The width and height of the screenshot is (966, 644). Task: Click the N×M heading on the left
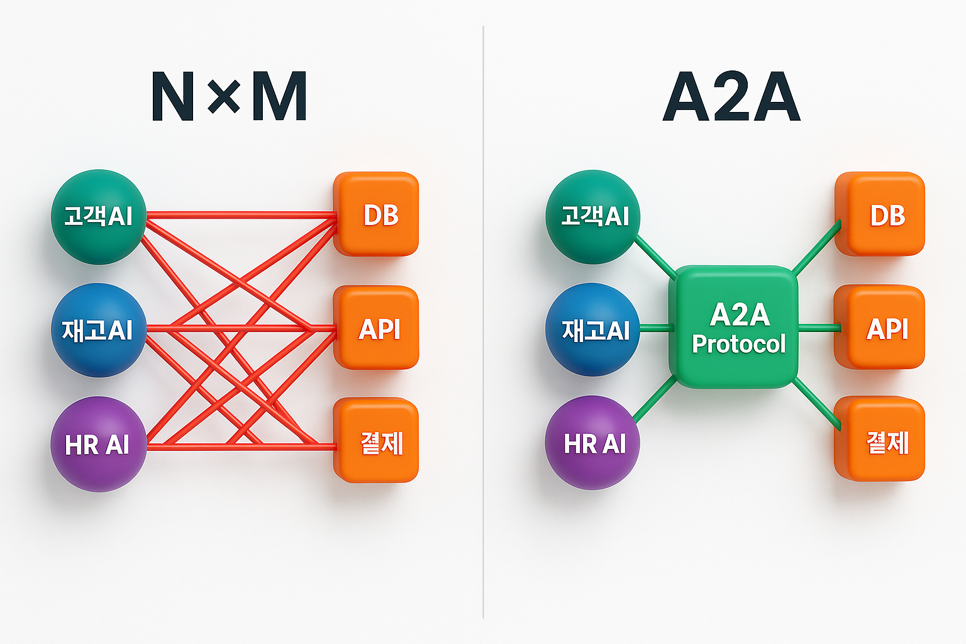point(229,97)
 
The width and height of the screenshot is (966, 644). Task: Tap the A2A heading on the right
point(731,98)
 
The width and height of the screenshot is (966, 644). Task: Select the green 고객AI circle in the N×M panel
point(99,216)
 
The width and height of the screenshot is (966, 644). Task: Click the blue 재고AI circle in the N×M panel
point(99,330)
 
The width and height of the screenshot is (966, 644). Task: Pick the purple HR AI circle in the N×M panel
point(98,444)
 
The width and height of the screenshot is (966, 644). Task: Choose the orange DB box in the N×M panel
point(377,214)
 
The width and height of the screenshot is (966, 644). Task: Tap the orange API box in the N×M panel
point(377,328)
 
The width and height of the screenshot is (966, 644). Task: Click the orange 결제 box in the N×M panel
point(377,441)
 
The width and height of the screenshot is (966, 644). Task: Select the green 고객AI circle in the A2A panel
point(592,216)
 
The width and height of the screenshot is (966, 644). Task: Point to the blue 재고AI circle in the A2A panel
point(592,330)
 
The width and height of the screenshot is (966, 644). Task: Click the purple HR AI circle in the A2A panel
point(592,443)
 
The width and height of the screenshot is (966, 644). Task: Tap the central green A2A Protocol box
point(733,327)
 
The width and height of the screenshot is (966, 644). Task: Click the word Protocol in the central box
point(739,344)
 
